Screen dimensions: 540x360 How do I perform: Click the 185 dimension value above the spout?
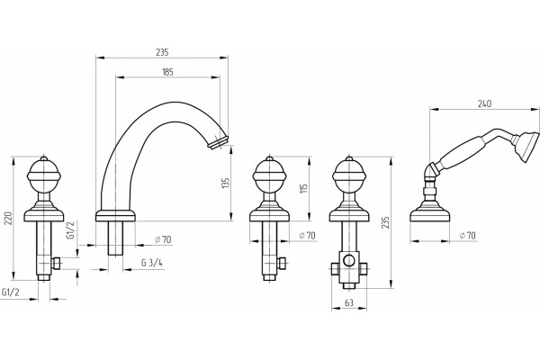167,72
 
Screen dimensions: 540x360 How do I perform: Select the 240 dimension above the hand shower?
484,103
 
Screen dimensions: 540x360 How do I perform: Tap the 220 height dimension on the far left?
8,219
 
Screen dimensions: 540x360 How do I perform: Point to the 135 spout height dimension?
225,183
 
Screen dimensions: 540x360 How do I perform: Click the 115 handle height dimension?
303,188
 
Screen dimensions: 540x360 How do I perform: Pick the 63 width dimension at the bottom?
349,302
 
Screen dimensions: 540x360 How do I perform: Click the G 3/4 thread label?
152,263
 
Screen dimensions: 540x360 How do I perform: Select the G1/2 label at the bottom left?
11,292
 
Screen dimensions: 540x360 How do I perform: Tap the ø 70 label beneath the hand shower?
467,236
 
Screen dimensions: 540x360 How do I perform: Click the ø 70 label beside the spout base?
163,239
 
